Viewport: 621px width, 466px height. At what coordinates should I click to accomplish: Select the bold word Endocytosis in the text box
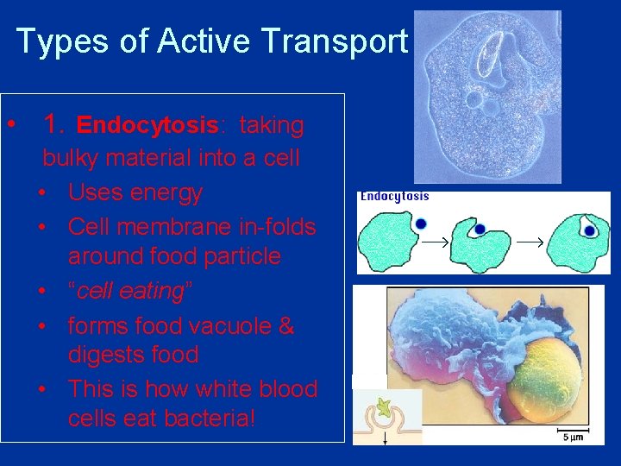point(147,126)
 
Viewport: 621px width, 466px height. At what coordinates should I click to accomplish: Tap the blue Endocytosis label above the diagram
point(394,197)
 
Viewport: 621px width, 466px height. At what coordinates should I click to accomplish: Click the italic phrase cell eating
point(129,291)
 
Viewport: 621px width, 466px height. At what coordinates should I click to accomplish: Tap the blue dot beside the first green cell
point(421,223)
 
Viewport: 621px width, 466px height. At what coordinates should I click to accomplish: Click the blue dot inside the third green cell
point(588,230)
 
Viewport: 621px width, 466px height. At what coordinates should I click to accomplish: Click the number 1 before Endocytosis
point(53,125)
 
